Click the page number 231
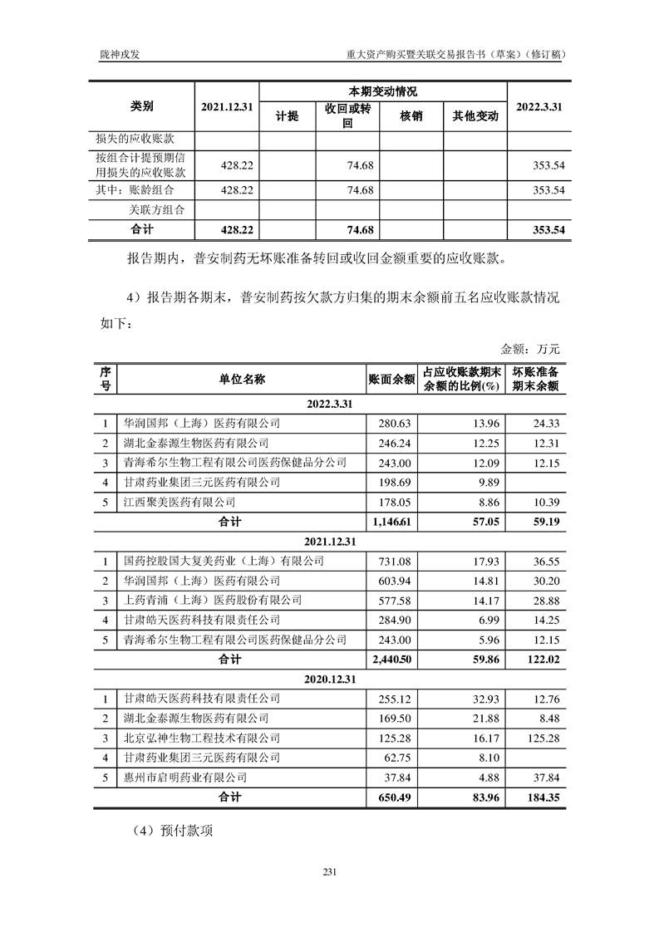329,871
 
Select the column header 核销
411,116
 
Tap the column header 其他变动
475,116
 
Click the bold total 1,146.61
391,522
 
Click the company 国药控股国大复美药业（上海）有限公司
222,562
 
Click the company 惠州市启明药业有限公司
184,777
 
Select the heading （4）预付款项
172,829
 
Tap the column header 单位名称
242,379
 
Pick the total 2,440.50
391,660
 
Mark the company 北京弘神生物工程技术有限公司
201,738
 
